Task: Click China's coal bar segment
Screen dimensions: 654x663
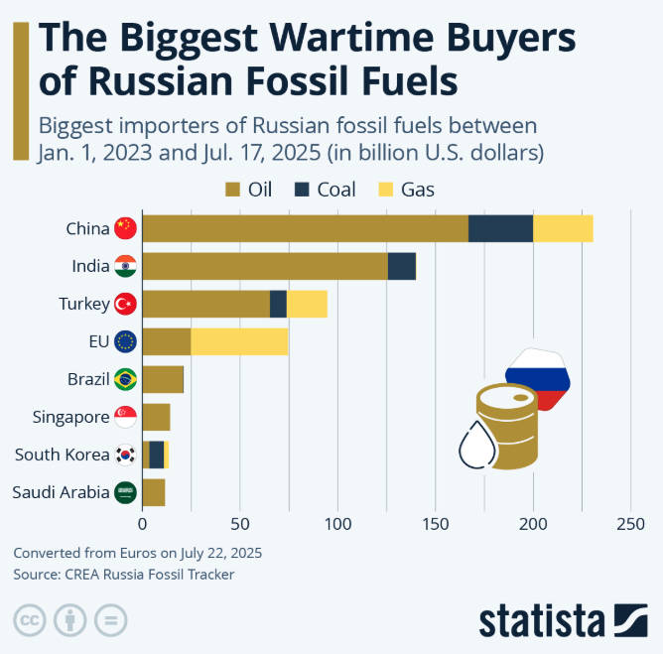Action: pos(500,228)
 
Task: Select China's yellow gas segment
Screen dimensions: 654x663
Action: pos(563,228)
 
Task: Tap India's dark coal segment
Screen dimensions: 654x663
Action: pos(401,266)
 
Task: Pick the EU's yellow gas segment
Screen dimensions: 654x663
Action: pos(239,341)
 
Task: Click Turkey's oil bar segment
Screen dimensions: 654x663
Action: pos(205,304)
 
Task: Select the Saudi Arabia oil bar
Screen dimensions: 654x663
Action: pos(154,492)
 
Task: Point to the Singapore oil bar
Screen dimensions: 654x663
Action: pos(157,417)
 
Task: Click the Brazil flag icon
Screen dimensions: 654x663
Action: pos(126,379)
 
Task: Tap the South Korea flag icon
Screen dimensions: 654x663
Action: pos(126,455)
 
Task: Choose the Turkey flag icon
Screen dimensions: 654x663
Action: pos(126,304)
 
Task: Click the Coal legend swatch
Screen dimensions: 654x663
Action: pos(301,190)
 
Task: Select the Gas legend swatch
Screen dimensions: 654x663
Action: pos(387,190)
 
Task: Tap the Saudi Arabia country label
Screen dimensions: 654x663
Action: pos(61,492)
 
